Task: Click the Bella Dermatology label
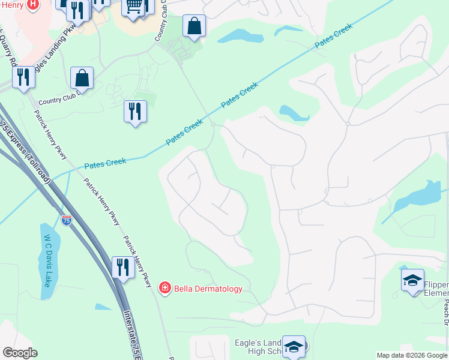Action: (x=208, y=289)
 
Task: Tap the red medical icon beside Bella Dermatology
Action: (x=164, y=289)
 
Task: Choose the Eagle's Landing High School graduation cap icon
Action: (x=294, y=346)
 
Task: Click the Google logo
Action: (x=20, y=353)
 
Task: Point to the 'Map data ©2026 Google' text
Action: (x=412, y=355)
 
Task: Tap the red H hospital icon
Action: (x=32, y=5)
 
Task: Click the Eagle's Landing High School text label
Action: (x=258, y=347)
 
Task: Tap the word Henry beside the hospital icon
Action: (x=10, y=5)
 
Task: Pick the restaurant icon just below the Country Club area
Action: (x=135, y=111)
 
